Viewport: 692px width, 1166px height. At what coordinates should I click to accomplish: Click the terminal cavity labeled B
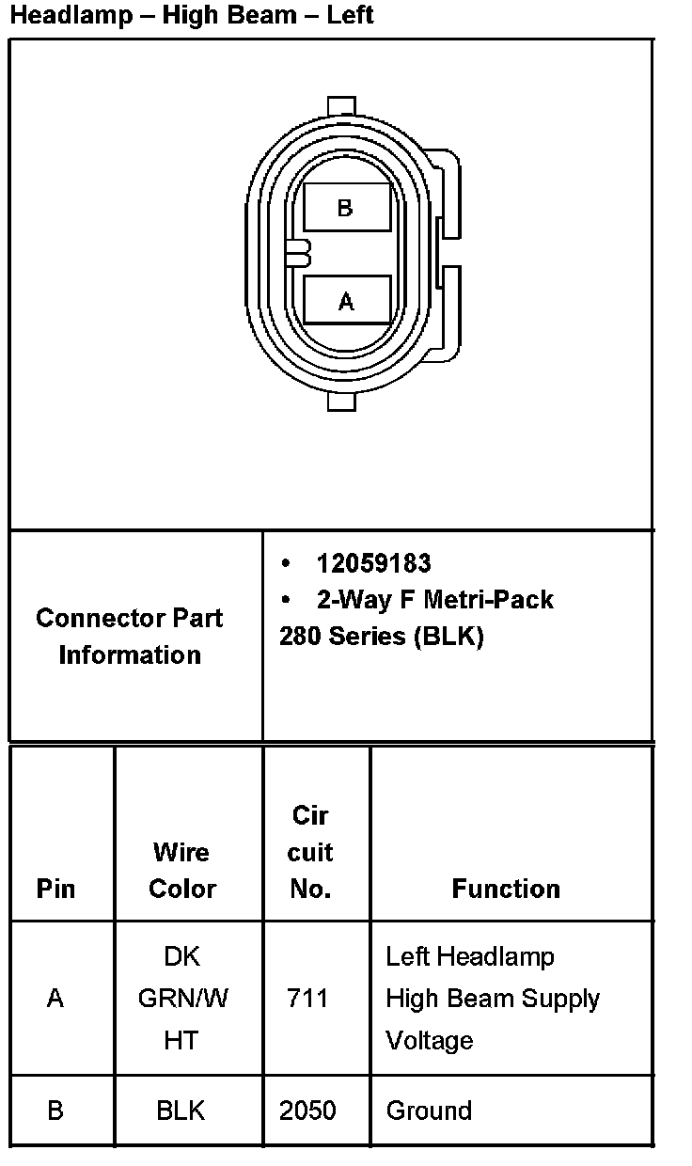(x=346, y=208)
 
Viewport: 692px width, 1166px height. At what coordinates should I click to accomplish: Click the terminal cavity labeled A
(x=346, y=301)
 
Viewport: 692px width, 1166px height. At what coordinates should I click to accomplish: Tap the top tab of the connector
(x=342, y=105)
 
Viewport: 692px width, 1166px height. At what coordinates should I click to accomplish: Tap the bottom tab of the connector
(x=342, y=402)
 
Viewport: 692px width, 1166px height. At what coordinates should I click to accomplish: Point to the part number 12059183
(x=373, y=563)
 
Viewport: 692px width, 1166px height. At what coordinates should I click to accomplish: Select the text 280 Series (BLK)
(x=381, y=637)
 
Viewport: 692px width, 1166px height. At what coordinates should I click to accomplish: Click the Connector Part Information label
(x=130, y=637)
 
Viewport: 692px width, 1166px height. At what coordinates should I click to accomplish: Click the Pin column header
(x=55, y=889)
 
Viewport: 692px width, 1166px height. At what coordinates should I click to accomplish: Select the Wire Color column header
(x=182, y=870)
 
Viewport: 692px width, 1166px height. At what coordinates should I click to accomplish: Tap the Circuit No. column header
(x=310, y=852)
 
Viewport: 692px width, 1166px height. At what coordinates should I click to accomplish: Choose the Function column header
(x=506, y=889)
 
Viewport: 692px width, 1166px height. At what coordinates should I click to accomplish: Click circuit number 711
(x=307, y=998)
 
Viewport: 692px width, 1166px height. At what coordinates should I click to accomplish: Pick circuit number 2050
(x=307, y=1111)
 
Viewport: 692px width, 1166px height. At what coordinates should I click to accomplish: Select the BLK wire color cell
(x=181, y=1111)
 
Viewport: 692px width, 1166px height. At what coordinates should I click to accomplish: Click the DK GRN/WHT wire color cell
(x=182, y=998)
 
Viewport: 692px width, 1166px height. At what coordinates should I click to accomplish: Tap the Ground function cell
(x=429, y=1111)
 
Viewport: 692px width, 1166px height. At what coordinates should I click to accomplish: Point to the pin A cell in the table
(x=55, y=998)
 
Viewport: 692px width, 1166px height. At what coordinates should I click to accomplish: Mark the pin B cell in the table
(x=55, y=1111)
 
